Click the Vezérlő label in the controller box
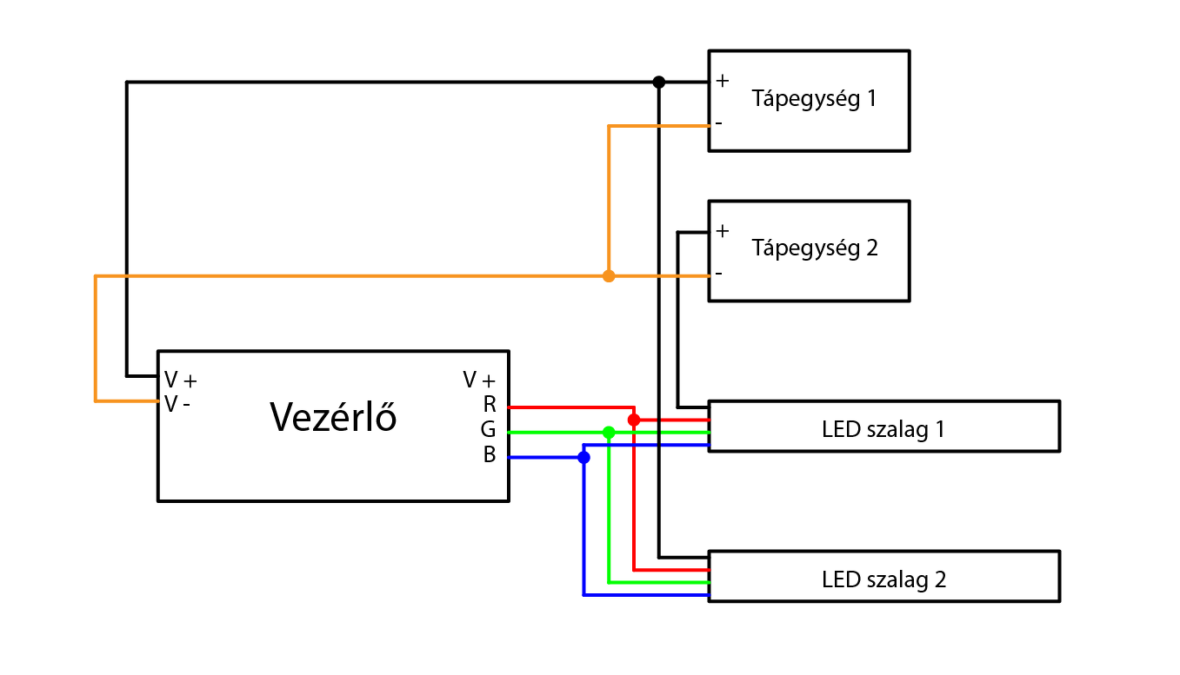(333, 418)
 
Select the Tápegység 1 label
(814, 98)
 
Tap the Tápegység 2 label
(815, 248)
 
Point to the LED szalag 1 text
(883, 429)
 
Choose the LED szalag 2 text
(883, 579)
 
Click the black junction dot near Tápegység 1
(659, 82)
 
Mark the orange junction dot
(609, 276)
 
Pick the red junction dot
(634, 420)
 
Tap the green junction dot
(609, 432)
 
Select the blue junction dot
(583, 457)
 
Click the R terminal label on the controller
(490, 405)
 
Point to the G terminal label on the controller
(489, 429)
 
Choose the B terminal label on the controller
(490, 454)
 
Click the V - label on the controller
(177, 404)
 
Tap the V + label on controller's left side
(181, 380)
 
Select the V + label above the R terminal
(479, 380)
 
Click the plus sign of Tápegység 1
(722, 81)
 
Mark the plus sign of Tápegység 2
(722, 231)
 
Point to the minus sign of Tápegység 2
(718, 274)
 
